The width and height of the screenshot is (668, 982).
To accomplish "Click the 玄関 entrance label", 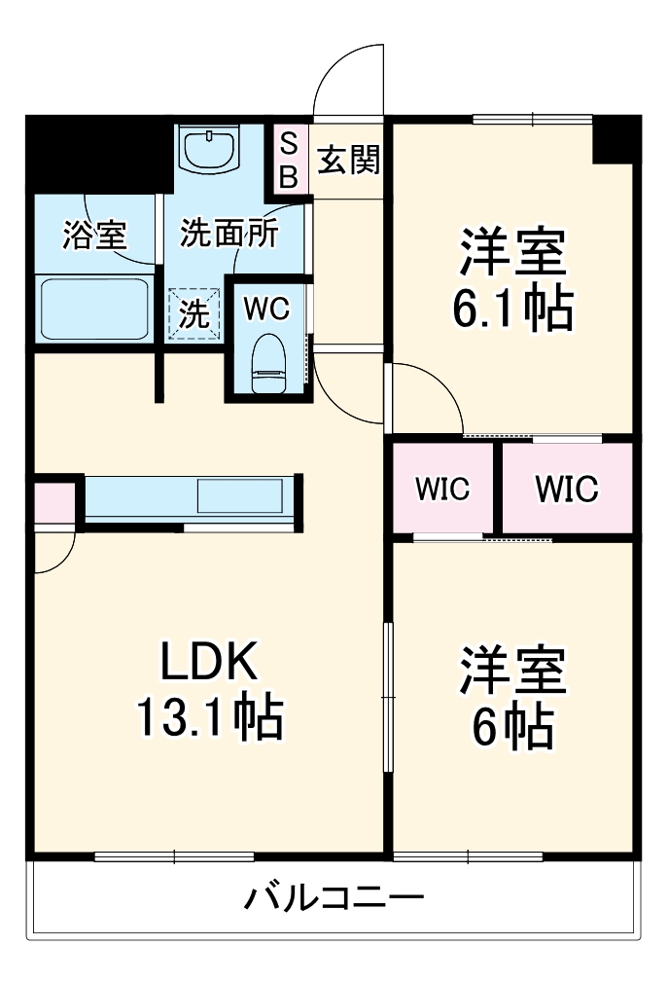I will [348, 160].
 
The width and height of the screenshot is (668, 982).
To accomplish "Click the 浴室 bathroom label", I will [94, 235].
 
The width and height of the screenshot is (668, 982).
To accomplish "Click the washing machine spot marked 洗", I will [194, 314].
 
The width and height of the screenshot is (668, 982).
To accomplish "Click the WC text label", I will [266, 309].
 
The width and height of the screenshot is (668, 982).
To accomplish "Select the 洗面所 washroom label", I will [229, 235].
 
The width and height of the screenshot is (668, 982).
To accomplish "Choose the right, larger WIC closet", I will [567, 489].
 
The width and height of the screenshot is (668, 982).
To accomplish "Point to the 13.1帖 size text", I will [208, 720].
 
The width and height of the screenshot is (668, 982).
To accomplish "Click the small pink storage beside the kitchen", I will [53, 502].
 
